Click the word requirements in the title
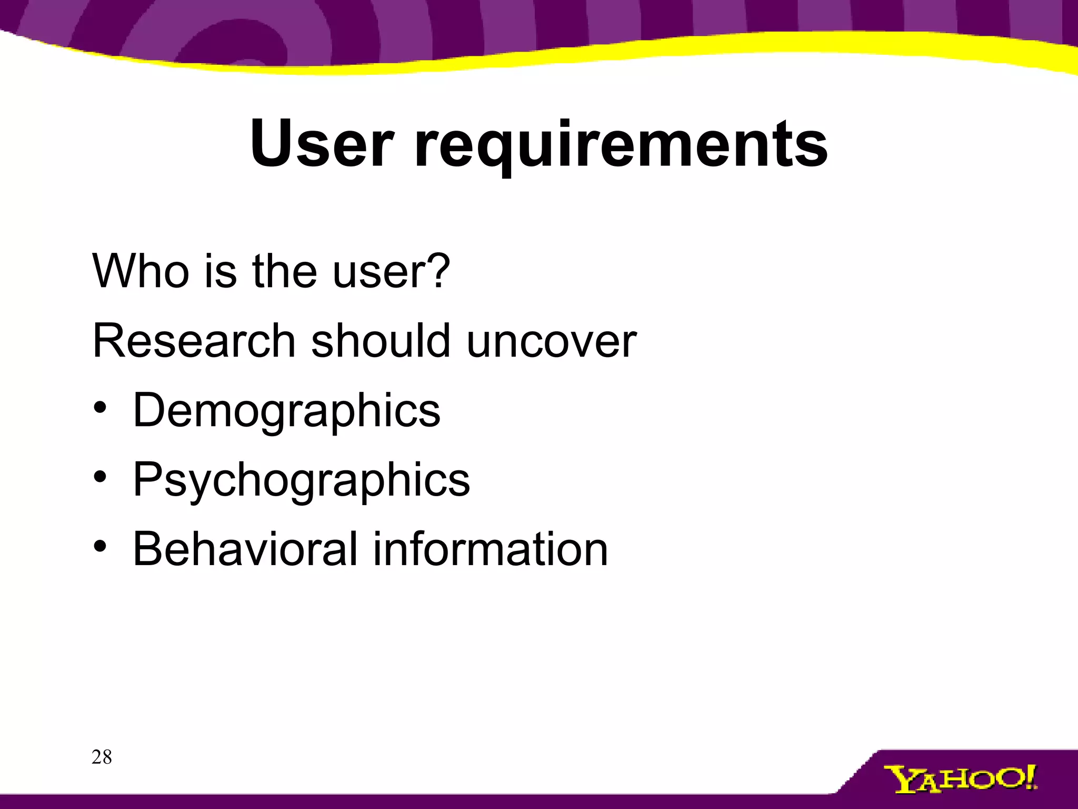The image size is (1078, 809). pyautogui.click(x=621, y=145)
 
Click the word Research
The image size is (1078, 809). pyautogui.click(x=194, y=341)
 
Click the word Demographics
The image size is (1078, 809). pyautogui.click(x=286, y=411)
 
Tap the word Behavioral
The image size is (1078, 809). pyautogui.click(x=245, y=549)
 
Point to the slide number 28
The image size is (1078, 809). pyautogui.click(x=102, y=757)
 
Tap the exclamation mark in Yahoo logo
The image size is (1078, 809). pyautogui.click(x=1030, y=776)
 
